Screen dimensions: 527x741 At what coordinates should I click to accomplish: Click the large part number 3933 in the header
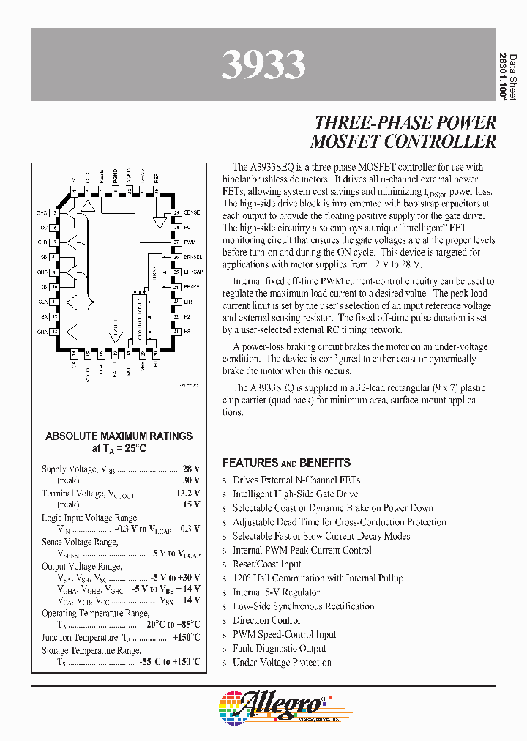click(263, 65)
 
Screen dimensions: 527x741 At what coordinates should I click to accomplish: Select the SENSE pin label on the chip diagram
click(192, 212)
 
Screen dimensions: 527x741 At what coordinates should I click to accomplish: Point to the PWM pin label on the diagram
click(189, 241)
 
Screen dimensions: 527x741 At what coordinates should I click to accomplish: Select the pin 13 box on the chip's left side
click(55, 331)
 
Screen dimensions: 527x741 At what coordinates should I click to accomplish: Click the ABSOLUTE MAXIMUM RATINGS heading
click(119, 436)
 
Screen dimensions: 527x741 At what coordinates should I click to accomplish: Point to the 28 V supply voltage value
click(191, 469)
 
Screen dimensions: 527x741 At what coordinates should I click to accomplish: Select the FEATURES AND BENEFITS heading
click(286, 463)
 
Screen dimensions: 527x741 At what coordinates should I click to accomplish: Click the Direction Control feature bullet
click(266, 620)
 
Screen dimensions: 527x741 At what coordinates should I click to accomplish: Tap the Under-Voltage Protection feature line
click(282, 663)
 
